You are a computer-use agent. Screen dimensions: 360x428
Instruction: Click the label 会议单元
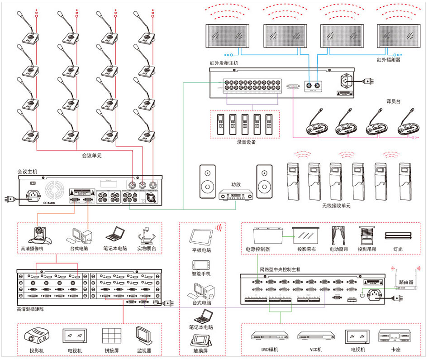tap(91, 156)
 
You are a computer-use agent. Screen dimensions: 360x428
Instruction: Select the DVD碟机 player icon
tap(270, 337)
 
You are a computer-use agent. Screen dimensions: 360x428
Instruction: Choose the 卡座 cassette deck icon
tap(396, 336)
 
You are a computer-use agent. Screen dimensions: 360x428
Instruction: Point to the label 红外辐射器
tap(389, 59)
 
